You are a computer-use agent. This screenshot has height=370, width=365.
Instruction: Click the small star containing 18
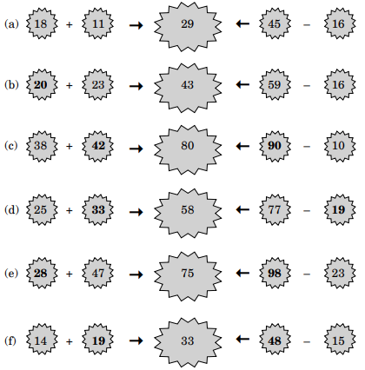42,23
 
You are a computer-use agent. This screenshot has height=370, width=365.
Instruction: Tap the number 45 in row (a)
274,23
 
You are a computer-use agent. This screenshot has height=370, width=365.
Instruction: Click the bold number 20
40,84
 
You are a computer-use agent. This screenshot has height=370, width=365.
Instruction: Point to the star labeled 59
275,84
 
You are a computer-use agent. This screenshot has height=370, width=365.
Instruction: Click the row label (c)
11,145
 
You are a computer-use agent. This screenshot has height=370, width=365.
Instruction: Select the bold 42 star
98,146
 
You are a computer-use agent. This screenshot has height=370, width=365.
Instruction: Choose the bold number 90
275,145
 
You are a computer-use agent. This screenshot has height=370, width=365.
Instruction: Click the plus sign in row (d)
69,210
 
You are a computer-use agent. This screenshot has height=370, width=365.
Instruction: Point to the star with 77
275,209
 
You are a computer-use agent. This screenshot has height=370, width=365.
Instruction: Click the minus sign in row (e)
307,274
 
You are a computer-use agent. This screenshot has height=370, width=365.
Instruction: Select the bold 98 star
275,273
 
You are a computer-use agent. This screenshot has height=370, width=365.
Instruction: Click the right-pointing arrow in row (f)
136,340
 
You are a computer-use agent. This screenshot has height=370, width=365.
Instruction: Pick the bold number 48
275,340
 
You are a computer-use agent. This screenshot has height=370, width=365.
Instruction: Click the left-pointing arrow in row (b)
242,84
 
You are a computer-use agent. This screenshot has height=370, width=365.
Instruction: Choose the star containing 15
340,340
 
